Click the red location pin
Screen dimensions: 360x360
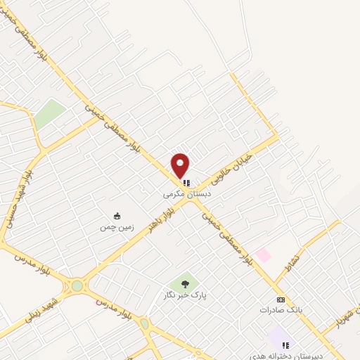(x=181, y=165)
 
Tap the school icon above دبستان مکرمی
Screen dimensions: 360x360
(x=187, y=183)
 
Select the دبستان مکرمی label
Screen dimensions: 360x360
(x=187, y=192)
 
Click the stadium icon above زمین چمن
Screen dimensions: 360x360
(x=117, y=216)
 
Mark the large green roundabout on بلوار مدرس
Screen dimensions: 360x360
(x=76, y=286)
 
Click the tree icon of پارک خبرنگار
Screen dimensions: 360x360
(x=185, y=284)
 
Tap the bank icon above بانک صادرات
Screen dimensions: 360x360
(x=281, y=299)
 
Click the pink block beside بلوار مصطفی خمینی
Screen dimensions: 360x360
(x=263, y=255)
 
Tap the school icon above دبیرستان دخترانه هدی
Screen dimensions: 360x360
(x=285, y=345)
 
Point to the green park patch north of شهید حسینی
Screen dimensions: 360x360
(x=49, y=112)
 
